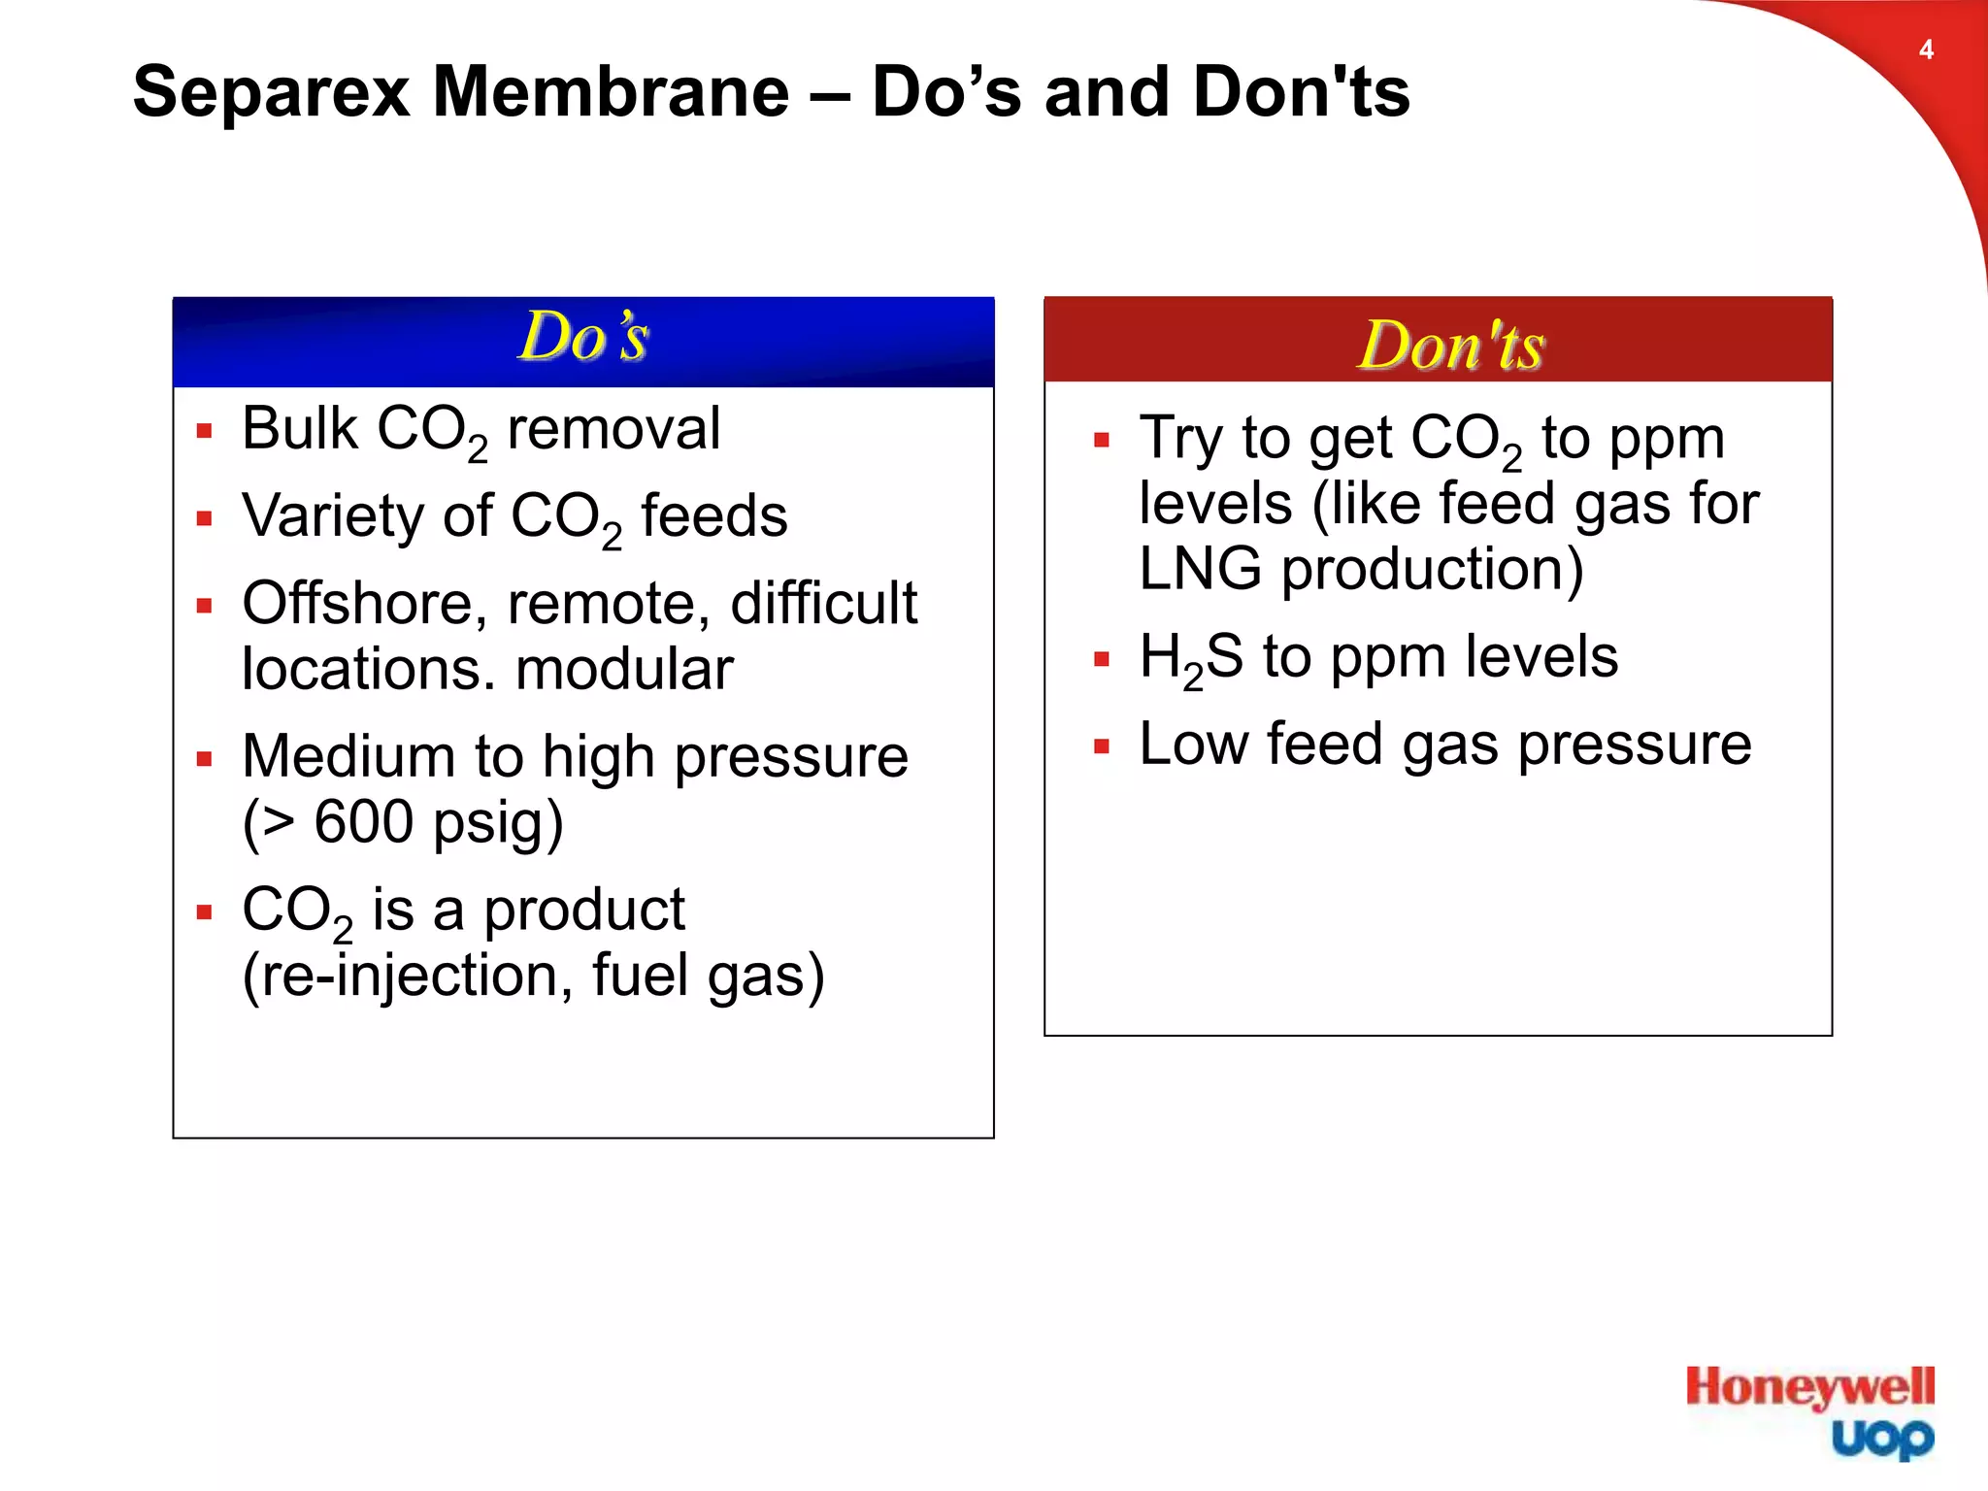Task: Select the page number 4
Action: [x=1926, y=50]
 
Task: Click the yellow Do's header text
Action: [x=583, y=338]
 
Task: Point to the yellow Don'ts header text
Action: [x=1450, y=346]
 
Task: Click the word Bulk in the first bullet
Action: [x=300, y=428]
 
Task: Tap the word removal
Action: [x=613, y=428]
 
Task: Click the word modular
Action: [x=624, y=669]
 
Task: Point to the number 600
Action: [x=364, y=822]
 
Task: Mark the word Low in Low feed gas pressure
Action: [x=1193, y=745]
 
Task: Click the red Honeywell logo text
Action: [x=1809, y=1387]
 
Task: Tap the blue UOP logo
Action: [x=1882, y=1439]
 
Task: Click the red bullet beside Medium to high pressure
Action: [x=204, y=758]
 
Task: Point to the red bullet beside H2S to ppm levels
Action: [x=1101, y=659]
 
